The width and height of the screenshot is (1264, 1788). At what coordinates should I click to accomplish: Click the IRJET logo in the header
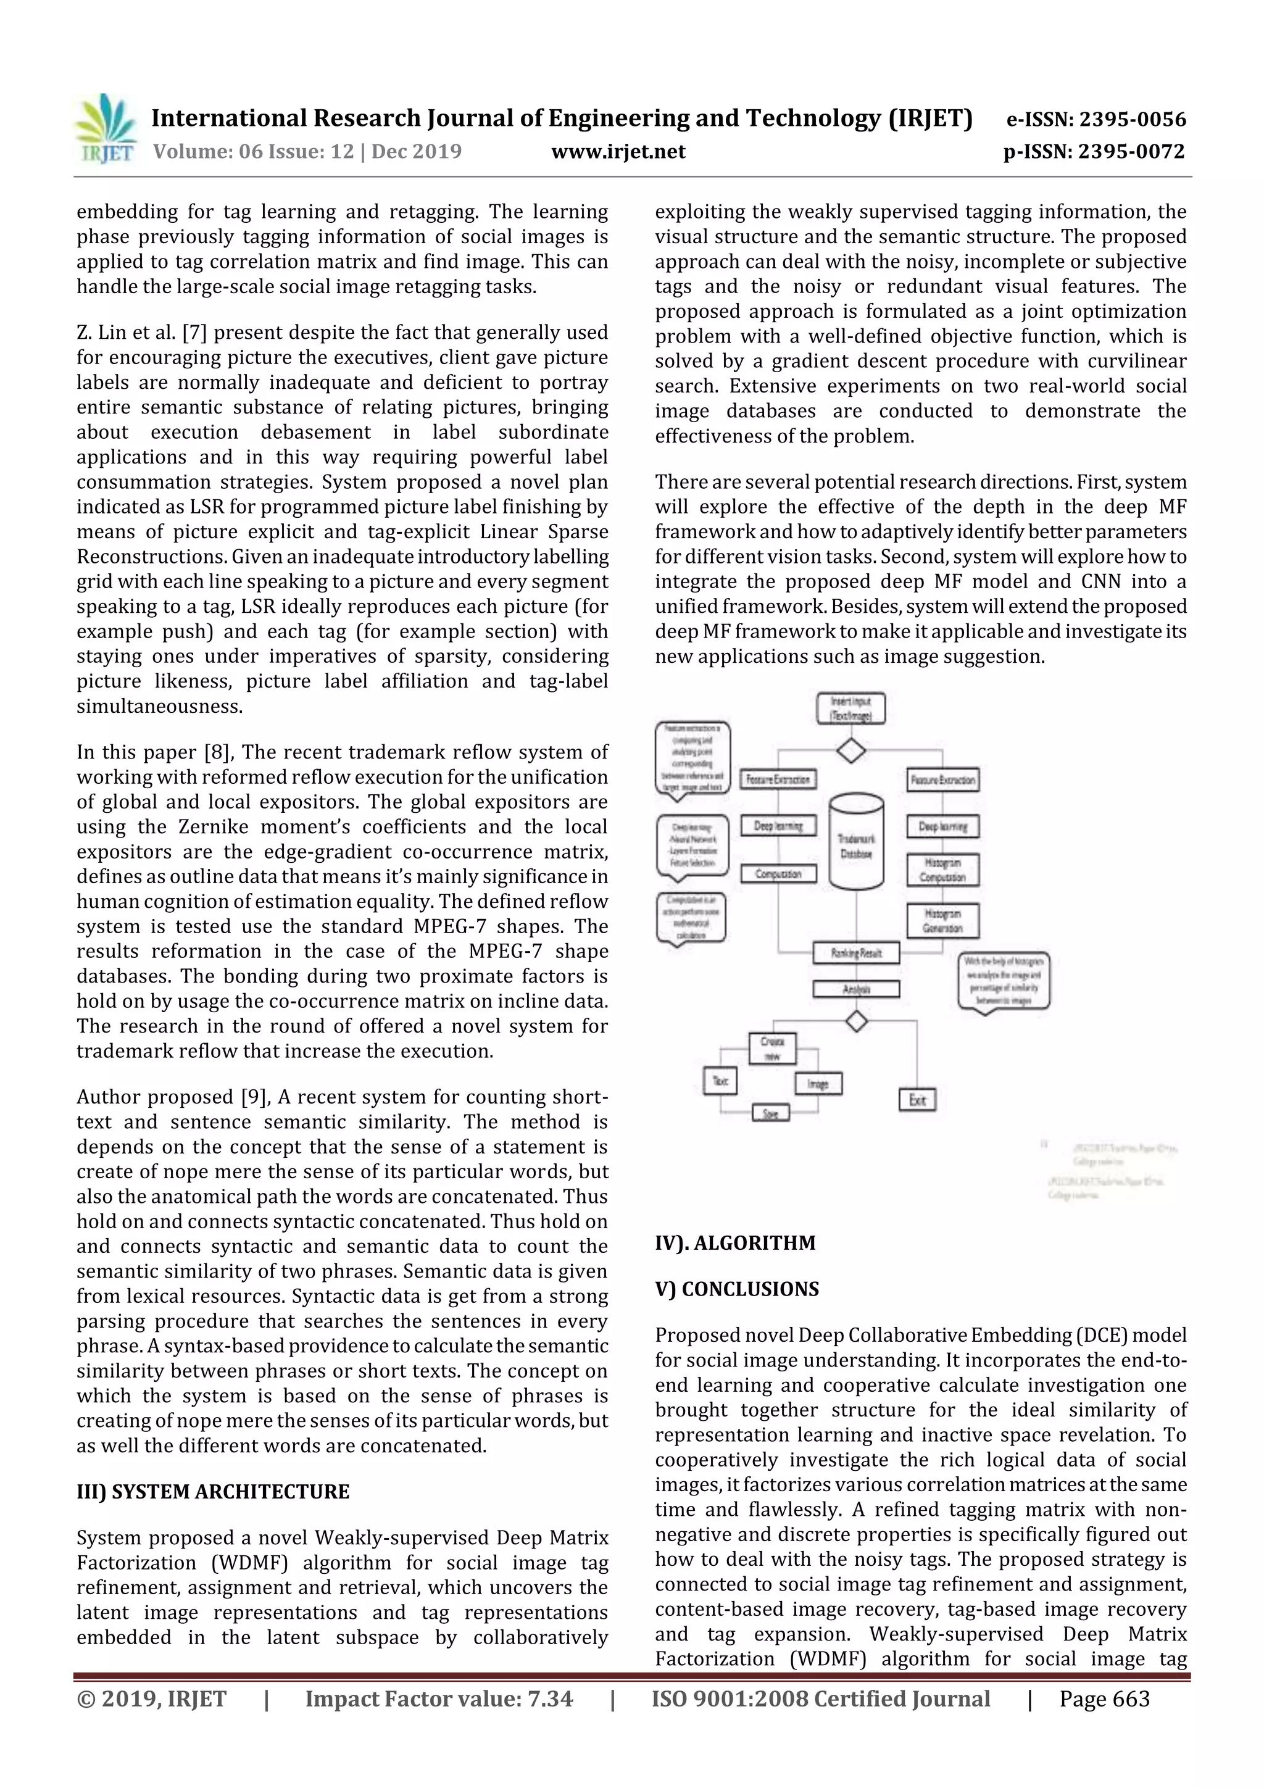click(105, 128)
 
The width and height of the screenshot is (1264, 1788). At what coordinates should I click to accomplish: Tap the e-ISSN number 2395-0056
click(1131, 119)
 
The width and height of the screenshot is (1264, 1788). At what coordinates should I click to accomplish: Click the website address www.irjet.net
click(618, 151)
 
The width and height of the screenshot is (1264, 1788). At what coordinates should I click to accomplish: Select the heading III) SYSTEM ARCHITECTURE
click(212, 1491)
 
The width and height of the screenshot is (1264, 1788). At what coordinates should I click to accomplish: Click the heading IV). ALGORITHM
click(734, 1242)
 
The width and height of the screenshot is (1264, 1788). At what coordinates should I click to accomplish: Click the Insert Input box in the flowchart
click(850, 708)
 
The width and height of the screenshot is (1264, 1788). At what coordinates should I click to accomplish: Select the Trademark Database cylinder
click(856, 842)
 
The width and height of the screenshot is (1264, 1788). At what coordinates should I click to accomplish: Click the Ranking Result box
click(856, 952)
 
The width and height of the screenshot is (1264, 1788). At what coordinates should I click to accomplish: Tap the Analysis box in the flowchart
click(856, 989)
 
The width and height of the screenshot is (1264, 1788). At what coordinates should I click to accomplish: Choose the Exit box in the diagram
click(917, 1100)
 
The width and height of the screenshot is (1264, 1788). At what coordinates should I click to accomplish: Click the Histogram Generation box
click(942, 920)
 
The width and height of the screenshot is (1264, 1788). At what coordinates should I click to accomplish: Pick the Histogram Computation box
click(942, 870)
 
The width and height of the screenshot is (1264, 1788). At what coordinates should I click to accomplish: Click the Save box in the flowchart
click(770, 1113)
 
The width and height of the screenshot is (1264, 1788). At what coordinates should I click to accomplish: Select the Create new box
click(772, 1048)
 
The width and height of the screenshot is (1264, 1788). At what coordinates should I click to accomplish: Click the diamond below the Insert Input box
click(850, 751)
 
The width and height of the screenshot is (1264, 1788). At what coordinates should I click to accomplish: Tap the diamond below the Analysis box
click(856, 1021)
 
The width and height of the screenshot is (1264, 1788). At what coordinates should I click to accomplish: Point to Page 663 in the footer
click(1104, 1699)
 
